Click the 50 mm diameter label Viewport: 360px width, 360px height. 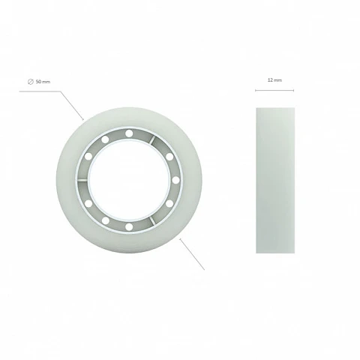click(x=40, y=82)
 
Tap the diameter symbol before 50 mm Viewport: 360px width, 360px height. click(x=31, y=82)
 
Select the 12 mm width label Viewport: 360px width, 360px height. click(x=274, y=80)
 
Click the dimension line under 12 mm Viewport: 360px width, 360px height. click(x=274, y=90)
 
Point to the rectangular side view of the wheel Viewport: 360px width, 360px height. click(x=275, y=180)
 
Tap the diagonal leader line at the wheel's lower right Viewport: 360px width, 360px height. click(x=192, y=254)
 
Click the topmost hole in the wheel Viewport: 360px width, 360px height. click(x=129, y=133)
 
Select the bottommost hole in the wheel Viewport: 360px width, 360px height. click(x=129, y=227)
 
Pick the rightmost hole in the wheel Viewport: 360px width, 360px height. click(x=175, y=180)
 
